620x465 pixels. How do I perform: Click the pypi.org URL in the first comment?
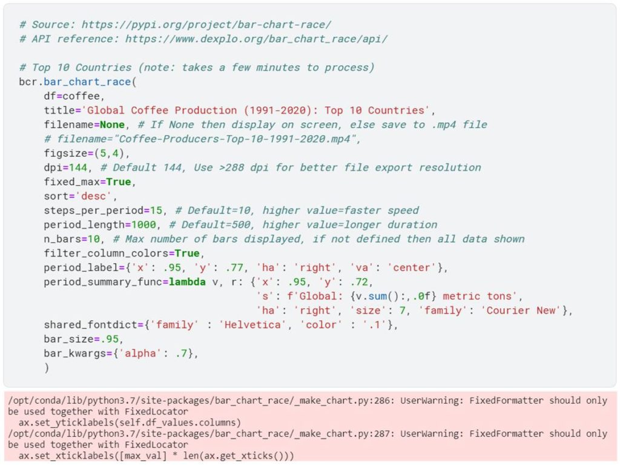pyautogui.click(x=206, y=24)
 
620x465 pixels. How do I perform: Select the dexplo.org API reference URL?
pyautogui.click(x=256, y=39)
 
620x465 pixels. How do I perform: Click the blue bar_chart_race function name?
pyautogui.click(x=87, y=82)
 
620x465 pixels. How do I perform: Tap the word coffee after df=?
pyautogui.click(x=81, y=96)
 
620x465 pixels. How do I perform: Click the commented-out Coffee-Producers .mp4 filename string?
pyautogui.click(x=234, y=139)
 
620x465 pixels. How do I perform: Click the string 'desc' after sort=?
pyautogui.click(x=93, y=196)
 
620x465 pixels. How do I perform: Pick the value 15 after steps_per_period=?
pyautogui.click(x=156, y=210)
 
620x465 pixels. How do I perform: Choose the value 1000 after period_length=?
pyautogui.click(x=143, y=224)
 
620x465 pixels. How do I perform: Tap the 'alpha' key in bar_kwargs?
pyautogui.click(x=140, y=353)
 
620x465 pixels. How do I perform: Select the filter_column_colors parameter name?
pyautogui.click(x=106, y=253)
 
